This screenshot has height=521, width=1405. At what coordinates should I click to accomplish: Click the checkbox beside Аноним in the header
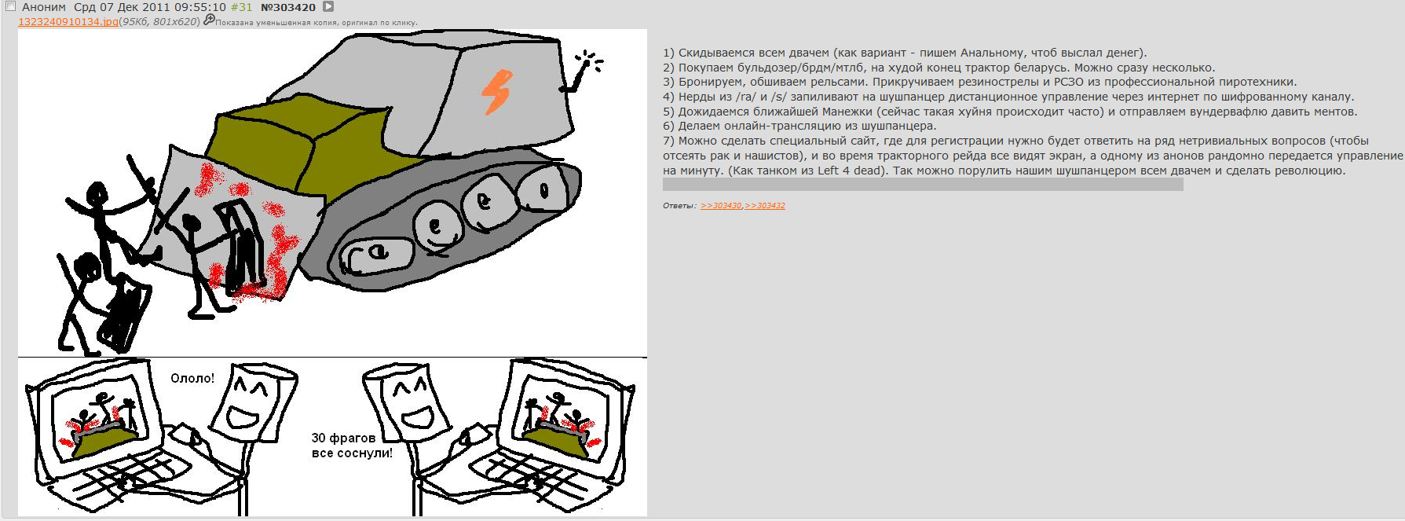pyautogui.click(x=11, y=6)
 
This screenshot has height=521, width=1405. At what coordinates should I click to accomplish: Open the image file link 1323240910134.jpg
pyautogui.click(x=68, y=21)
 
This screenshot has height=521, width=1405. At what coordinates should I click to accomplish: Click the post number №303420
pyautogui.click(x=288, y=7)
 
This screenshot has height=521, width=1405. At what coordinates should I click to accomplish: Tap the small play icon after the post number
pyautogui.click(x=329, y=6)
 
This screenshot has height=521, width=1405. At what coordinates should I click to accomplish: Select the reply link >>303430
pyautogui.click(x=721, y=206)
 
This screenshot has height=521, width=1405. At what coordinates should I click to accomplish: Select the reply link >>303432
pyautogui.click(x=765, y=206)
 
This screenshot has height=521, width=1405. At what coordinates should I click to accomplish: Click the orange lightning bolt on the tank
pyautogui.click(x=496, y=92)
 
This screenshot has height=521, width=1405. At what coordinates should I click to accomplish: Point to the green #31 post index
pyautogui.click(x=241, y=7)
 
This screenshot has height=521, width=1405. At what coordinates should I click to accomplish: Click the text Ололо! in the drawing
pyautogui.click(x=192, y=378)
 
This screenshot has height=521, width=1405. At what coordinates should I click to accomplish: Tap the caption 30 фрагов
pyautogui.click(x=344, y=438)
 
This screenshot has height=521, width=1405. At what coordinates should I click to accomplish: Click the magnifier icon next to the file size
pyautogui.click(x=209, y=20)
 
